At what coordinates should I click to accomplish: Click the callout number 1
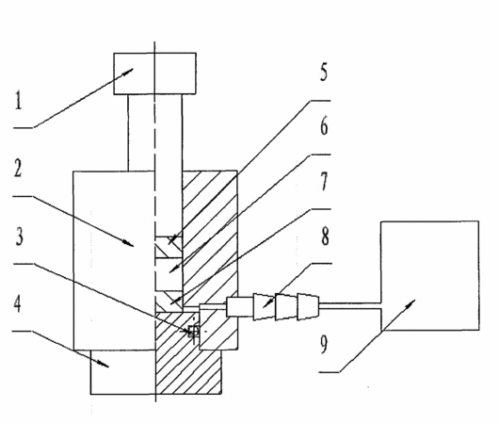pyautogui.click(x=19, y=100)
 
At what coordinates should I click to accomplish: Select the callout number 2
pyautogui.click(x=18, y=168)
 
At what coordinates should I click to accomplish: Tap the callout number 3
pyautogui.click(x=19, y=236)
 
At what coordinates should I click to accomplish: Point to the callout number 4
pyautogui.click(x=18, y=303)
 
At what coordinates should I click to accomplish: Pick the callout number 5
pyautogui.click(x=324, y=72)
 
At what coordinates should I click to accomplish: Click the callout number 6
pyautogui.click(x=324, y=126)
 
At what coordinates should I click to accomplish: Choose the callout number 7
pyautogui.click(x=324, y=181)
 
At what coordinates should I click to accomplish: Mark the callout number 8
pyautogui.click(x=325, y=236)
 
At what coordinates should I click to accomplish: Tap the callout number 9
pyautogui.click(x=323, y=344)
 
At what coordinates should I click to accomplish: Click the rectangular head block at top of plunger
pyautogui.click(x=155, y=73)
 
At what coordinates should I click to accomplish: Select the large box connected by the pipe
pyautogui.click(x=430, y=275)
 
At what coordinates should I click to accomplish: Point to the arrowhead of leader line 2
pyautogui.click(x=129, y=244)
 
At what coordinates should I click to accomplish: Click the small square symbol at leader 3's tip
pyautogui.click(x=194, y=331)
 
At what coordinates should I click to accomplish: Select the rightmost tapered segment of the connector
pyautogui.click(x=308, y=307)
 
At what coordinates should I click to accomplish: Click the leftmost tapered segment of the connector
pyautogui.click(x=264, y=307)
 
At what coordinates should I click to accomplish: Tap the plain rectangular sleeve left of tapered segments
pyautogui.click(x=240, y=306)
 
